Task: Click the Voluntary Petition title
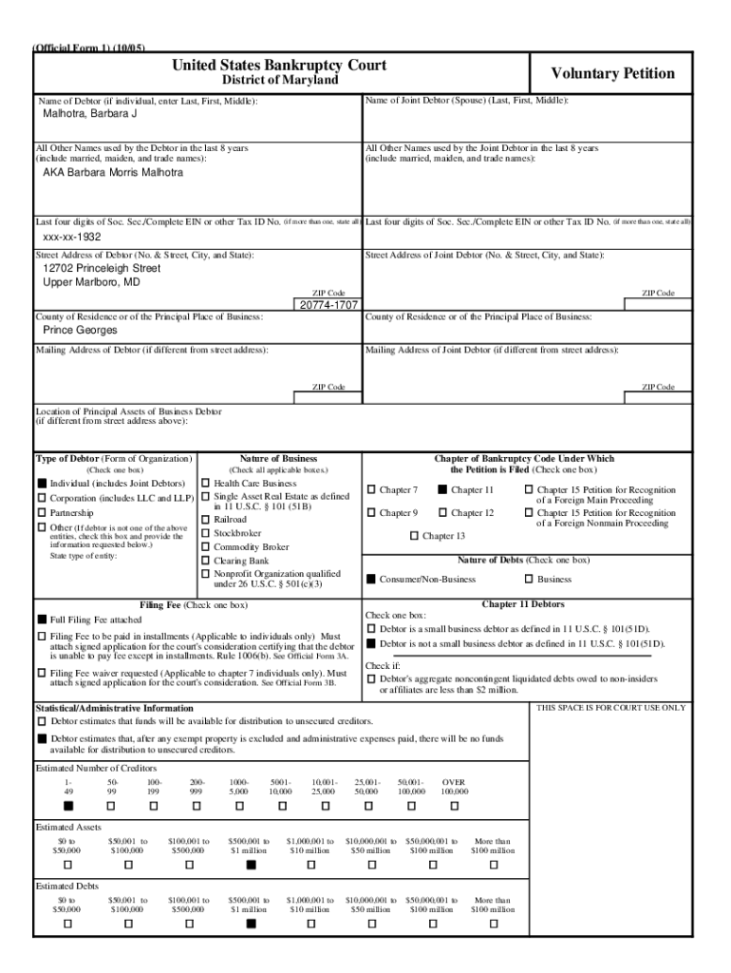(613, 73)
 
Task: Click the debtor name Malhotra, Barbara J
(90, 114)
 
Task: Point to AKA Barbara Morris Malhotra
(113, 172)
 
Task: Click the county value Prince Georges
(81, 330)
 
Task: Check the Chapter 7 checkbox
(372, 490)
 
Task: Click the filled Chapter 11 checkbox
(442, 490)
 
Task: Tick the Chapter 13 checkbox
(414, 536)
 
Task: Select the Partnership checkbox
(42, 513)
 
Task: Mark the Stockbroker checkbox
(206, 533)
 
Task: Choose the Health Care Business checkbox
(206, 484)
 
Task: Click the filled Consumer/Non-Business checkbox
(371, 579)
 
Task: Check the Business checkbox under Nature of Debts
(529, 579)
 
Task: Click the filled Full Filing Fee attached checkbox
(42, 620)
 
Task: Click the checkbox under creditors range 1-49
(67, 806)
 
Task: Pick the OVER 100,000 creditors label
(454, 786)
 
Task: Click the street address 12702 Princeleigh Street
(102, 269)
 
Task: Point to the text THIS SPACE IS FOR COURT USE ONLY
(611, 708)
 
